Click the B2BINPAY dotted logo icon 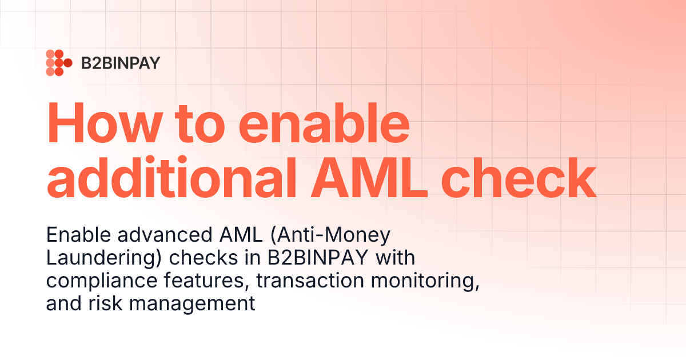pos(58,63)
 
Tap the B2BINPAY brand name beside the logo pos(120,63)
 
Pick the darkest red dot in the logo pos(67,63)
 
